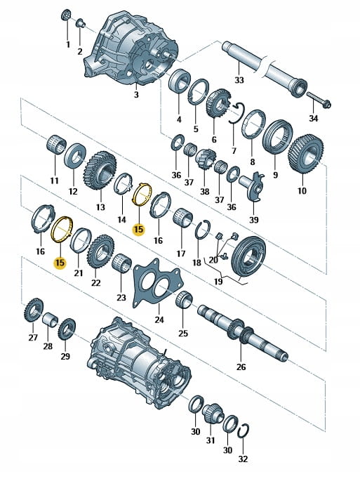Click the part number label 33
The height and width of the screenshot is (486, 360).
click(239, 80)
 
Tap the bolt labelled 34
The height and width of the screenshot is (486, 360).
click(319, 100)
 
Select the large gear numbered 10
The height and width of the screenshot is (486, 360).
click(306, 154)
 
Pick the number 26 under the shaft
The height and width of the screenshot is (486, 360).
click(241, 367)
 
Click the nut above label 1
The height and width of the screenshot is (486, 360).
click(66, 15)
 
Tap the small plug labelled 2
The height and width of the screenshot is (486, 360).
click(81, 23)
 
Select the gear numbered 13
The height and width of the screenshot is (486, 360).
click(100, 170)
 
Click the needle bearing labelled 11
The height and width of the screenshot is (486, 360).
click(56, 144)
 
